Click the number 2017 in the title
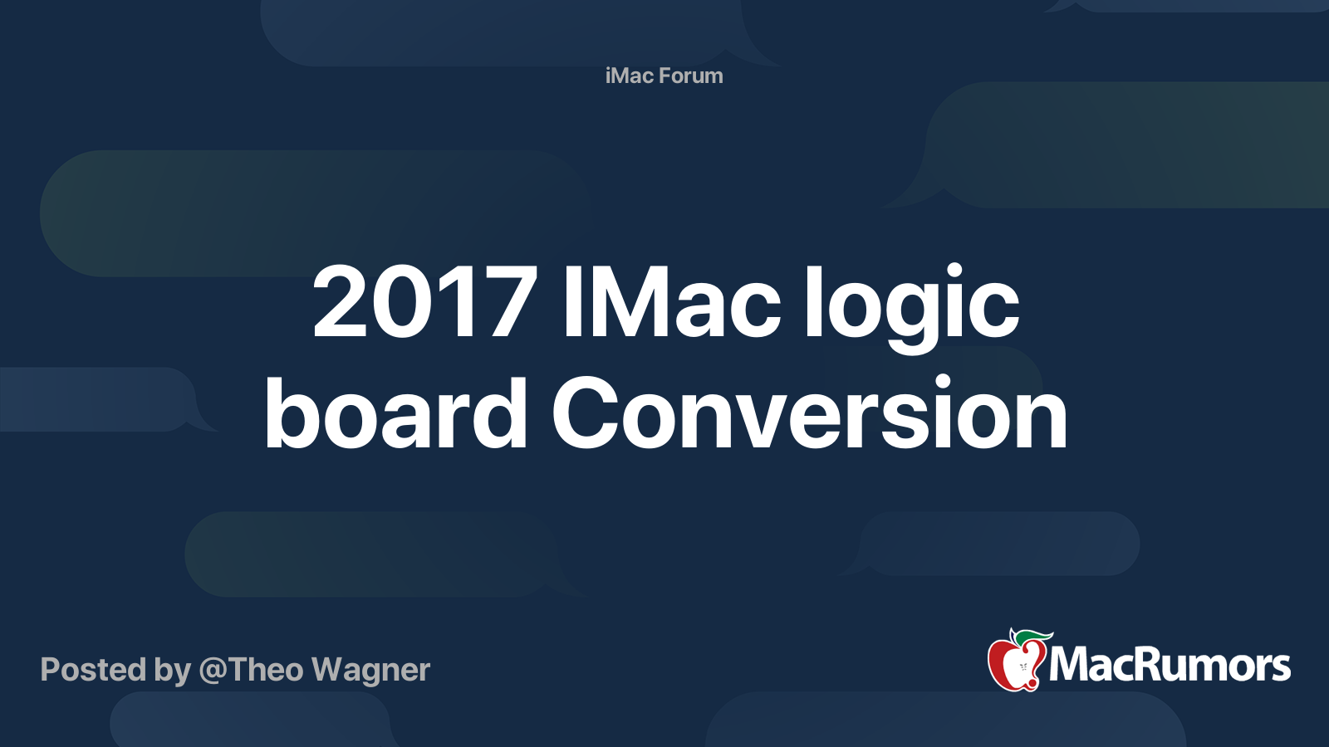[424, 302]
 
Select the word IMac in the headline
[671, 302]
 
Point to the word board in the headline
[395, 413]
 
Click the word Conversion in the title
[809, 413]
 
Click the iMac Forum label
[664, 76]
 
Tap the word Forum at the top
[691, 76]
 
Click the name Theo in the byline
[266, 670]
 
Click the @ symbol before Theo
[213, 671]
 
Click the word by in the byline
[172, 671]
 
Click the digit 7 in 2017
[512, 302]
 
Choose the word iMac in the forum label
[630, 76]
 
